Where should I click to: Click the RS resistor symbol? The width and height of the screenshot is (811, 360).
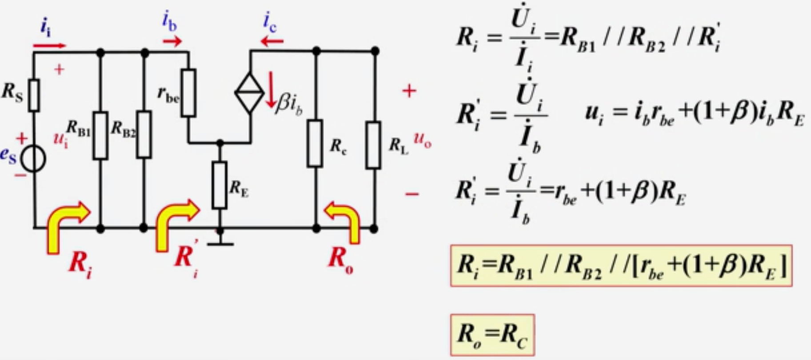[34, 95]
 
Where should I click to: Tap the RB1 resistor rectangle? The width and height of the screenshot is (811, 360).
[100, 136]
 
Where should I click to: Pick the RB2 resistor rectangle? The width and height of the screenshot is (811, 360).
[144, 135]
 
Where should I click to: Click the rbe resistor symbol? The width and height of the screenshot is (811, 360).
[188, 93]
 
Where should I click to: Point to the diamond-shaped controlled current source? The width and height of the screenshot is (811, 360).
[250, 93]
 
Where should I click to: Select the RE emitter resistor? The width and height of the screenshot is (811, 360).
[220, 185]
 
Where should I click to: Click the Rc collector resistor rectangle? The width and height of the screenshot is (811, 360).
[315, 143]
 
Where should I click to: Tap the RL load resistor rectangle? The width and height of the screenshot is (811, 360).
[373, 145]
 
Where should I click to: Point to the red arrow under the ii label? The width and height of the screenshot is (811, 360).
[49, 45]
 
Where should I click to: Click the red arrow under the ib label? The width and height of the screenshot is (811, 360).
[172, 42]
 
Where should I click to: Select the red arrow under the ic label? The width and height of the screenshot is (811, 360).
[272, 42]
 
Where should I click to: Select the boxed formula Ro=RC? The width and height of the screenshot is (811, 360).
[492, 335]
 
